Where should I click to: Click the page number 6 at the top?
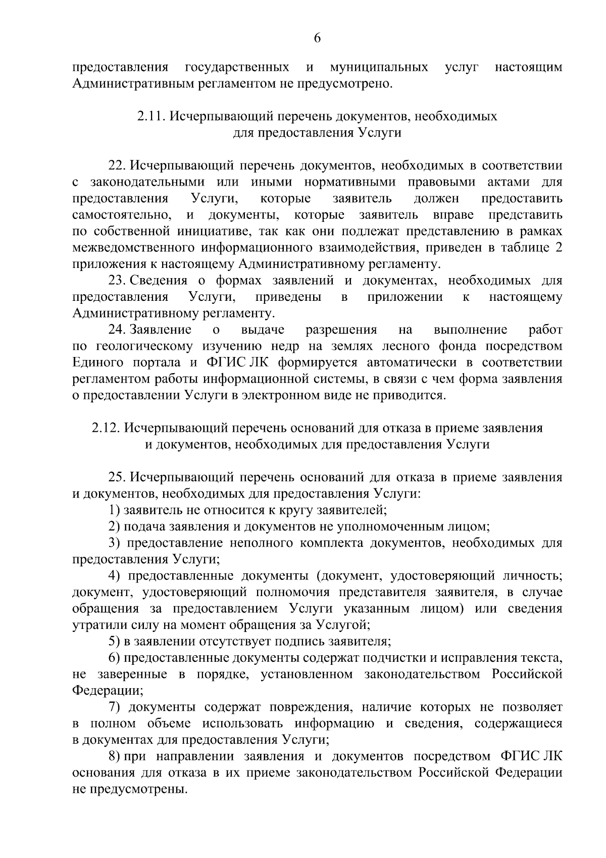tap(317, 38)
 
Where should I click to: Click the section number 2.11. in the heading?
tap(151, 117)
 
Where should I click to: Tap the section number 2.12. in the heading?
tap(106, 428)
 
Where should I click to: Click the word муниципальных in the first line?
tap(379, 67)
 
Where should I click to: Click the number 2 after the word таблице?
tap(558, 248)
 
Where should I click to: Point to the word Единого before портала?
tap(98, 363)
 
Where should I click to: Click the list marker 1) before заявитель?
tap(114, 510)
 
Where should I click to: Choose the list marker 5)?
tap(114, 642)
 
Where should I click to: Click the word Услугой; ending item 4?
tap(343, 625)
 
